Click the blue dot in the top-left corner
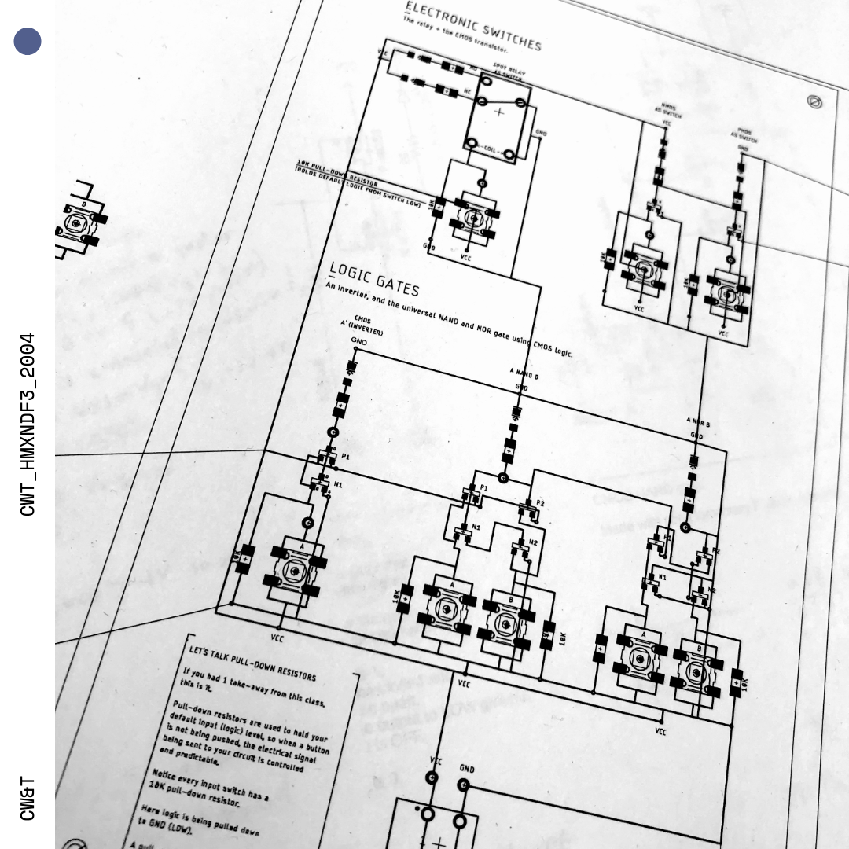coord(28,42)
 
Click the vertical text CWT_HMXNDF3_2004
coord(28,424)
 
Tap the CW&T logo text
coord(28,798)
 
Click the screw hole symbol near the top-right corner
coord(815,101)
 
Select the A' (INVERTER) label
coord(362,327)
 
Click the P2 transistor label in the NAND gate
coord(540,503)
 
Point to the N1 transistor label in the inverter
coord(338,485)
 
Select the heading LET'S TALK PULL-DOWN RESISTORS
coord(252,663)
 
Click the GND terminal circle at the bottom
coord(463,785)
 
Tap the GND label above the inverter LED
coord(358,342)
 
